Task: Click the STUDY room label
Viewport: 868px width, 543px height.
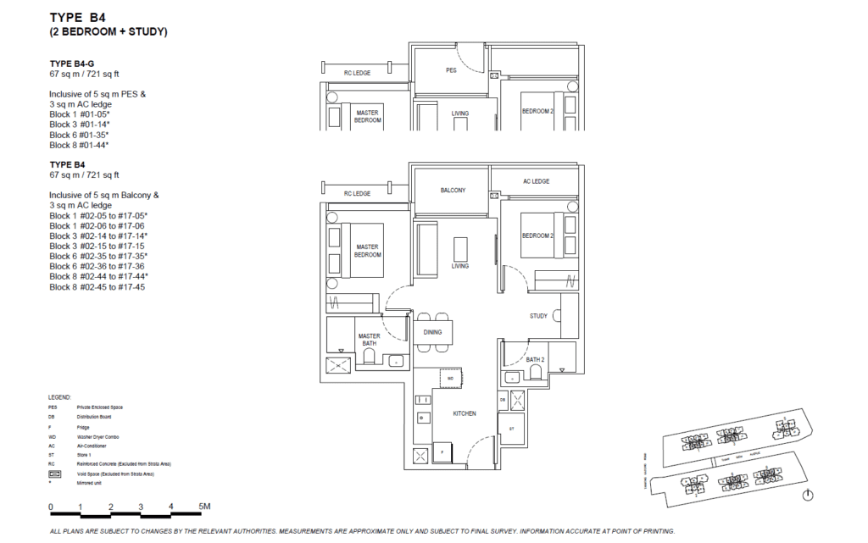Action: pyautogui.click(x=538, y=316)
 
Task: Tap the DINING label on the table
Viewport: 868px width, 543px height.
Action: pyautogui.click(x=432, y=332)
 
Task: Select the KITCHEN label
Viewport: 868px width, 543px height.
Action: pyautogui.click(x=464, y=413)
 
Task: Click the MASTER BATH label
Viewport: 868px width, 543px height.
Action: pyautogui.click(x=369, y=339)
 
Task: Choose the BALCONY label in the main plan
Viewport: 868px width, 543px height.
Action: pyautogui.click(x=453, y=191)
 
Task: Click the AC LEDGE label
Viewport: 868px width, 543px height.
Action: pyautogui.click(x=536, y=181)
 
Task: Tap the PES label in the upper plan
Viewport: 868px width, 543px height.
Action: pyautogui.click(x=451, y=70)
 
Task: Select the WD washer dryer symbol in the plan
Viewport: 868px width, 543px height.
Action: pyautogui.click(x=452, y=377)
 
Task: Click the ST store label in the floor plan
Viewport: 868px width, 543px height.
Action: pyautogui.click(x=511, y=429)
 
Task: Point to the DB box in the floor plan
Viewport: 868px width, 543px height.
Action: pyautogui.click(x=503, y=399)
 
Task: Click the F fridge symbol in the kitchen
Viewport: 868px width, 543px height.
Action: pyautogui.click(x=442, y=453)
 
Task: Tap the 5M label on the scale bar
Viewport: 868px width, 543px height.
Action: pyautogui.click(x=204, y=507)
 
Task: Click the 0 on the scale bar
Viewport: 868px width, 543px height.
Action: pyautogui.click(x=52, y=507)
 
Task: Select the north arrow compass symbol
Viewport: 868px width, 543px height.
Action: pyautogui.click(x=808, y=496)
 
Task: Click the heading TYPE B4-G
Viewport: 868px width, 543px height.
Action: pyautogui.click(x=72, y=64)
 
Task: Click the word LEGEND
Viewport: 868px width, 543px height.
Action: pyautogui.click(x=60, y=396)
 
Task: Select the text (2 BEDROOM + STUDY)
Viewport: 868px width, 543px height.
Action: pyautogui.click(x=108, y=32)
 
